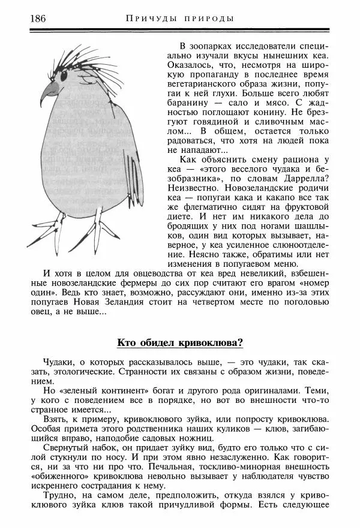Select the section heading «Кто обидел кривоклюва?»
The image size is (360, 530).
coord(179,343)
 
